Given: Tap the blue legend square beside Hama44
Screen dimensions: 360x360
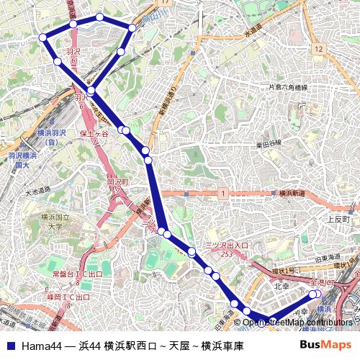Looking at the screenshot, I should tap(10, 346).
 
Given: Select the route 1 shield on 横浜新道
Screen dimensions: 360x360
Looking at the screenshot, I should tap(224, 194).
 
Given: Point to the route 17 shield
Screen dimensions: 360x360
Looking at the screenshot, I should tap(166, 3).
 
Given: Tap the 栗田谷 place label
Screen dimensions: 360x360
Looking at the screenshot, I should tap(270, 145).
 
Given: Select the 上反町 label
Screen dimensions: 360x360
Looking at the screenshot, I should tap(337, 219).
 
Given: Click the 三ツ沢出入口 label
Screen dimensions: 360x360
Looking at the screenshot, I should tap(227, 246).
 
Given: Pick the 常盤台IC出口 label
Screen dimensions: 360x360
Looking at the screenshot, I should tap(77, 274).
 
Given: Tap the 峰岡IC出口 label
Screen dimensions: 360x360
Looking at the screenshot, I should tap(71, 296).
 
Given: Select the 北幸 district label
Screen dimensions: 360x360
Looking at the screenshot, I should tap(281, 286).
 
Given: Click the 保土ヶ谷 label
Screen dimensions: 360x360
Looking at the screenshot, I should tap(94, 134).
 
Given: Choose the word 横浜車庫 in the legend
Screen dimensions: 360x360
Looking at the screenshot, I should tap(222, 346).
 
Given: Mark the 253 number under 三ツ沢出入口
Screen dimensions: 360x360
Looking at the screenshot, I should tap(227, 254).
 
